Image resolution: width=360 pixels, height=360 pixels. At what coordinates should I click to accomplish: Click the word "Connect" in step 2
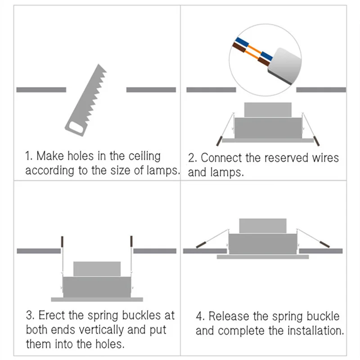(222, 158)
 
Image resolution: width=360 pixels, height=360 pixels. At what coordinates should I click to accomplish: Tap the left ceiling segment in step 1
(41, 90)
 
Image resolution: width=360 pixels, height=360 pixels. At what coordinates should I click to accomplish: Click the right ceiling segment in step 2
(321, 90)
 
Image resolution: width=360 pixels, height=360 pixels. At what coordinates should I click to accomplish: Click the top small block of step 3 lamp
(97, 269)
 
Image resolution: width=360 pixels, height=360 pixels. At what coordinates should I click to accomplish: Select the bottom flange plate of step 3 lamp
(97, 299)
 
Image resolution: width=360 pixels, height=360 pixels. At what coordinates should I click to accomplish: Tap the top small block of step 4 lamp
(263, 226)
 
